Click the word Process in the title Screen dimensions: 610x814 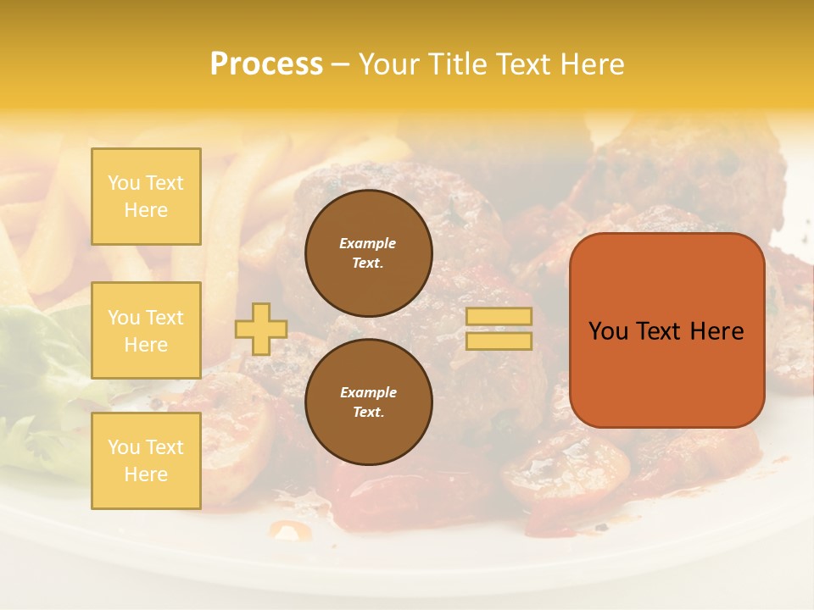[266, 64]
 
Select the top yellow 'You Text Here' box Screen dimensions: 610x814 [146, 197]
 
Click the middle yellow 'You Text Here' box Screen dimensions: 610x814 [146, 330]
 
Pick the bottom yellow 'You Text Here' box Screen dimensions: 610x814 [146, 461]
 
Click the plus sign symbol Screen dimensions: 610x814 [261, 329]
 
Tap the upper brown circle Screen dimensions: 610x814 [368, 253]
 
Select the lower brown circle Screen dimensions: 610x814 [368, 402]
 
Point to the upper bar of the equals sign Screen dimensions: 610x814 [499, 317]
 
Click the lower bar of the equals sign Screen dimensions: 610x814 [499, 341]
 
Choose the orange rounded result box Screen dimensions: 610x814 [666, 330]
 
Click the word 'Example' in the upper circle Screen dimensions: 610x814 [368, 243]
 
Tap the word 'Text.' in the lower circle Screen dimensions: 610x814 [368, 412]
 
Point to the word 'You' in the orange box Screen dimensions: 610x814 [608, 331]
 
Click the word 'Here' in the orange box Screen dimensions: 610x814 [716, 331]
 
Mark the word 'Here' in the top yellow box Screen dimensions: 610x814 [146, 210]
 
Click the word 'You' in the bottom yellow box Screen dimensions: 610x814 [123, 447]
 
